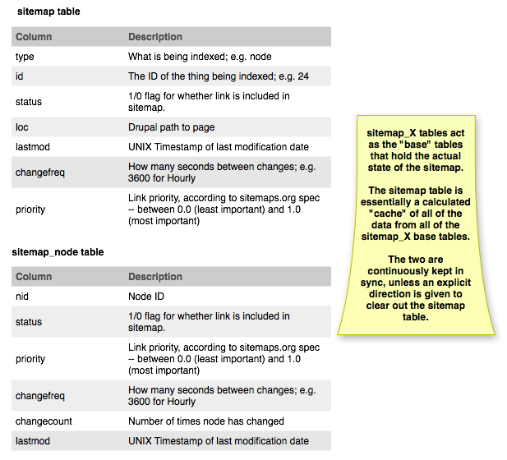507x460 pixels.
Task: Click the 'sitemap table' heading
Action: click(x=48, y=12)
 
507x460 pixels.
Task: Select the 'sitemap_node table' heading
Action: click(x=58, y=252)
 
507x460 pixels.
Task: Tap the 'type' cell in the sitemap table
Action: click(x=25, y=57)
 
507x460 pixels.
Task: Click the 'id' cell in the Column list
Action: click(x=20, y=76)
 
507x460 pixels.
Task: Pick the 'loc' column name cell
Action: click(x=22, y=127)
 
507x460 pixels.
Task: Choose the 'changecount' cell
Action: click(x=44, y=421)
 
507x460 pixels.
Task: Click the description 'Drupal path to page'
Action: click(x=171, y=127)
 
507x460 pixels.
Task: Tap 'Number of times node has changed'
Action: click(x=206, y=421)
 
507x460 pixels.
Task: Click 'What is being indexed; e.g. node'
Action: click(x=200, y=57)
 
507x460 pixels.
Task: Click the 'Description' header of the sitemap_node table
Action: click(x=155, y=277)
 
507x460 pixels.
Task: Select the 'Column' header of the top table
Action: click(x=34, y=37)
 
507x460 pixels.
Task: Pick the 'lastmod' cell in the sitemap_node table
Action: click(x=33, y=441)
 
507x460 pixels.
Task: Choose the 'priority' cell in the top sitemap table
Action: click(x=30, y=209)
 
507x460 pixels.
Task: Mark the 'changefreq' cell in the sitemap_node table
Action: click(x=39, y=396)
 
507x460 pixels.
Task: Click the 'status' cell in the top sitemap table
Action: click(x=29, y=102)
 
